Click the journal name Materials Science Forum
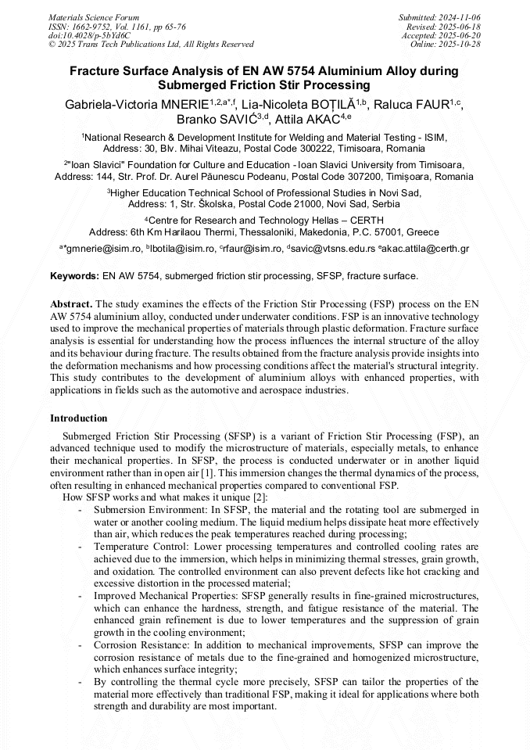click(94, 17)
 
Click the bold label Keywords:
click(75, 276)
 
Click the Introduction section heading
click(79, 418)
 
